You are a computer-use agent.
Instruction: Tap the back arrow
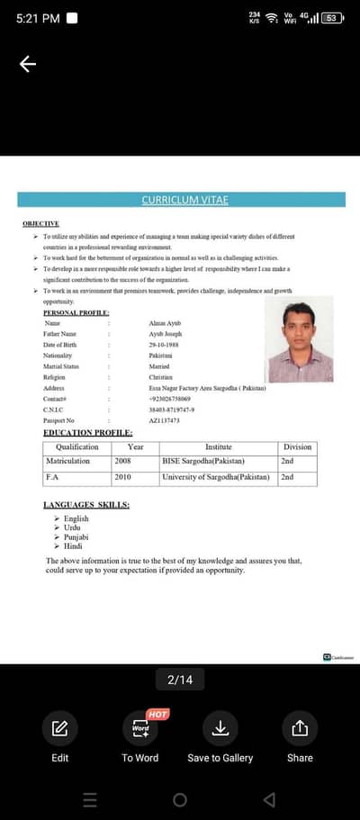coord(28,64)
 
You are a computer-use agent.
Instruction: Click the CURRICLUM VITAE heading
coord(180,200)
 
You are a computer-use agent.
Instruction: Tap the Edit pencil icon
coord(59,728)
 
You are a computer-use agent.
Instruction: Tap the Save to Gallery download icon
coord(220,728)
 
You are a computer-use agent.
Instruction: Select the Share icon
coord(300,728)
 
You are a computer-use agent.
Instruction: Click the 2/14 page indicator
coord(180,680)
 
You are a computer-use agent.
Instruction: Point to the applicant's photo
coord(300,340)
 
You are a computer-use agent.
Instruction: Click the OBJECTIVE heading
coord(40,223)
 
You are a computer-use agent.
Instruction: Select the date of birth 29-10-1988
coord(164,344)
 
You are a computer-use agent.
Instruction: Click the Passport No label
coord(58,420)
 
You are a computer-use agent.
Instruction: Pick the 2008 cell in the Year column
coord(122,461)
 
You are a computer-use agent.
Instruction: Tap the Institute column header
coord(219,446)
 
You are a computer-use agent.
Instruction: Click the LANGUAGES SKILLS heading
coord(85,505)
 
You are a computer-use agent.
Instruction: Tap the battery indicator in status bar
coord(332,18)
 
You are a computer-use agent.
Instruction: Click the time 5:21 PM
coord(38,18)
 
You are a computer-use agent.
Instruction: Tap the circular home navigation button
coord(180,799)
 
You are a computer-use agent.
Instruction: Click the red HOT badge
coord(157,714)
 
